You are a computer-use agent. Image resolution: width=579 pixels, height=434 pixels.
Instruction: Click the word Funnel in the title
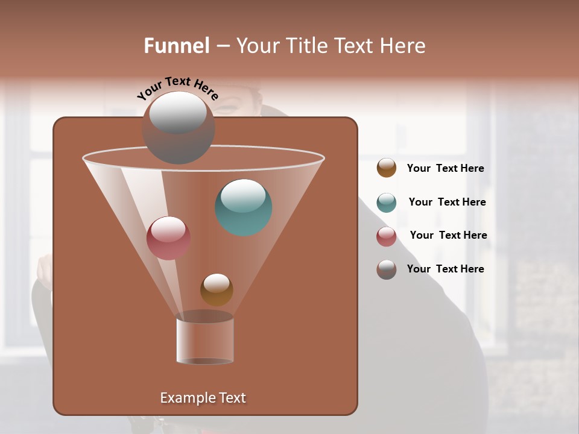click(x=177, y=46)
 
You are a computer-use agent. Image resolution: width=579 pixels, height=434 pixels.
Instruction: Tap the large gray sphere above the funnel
click(x=178, y=127)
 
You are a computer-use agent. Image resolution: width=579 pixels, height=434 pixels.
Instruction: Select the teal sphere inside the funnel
click(x=244, y=207)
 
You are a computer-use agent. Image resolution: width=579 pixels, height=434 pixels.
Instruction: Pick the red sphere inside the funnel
click(x=168, y=238)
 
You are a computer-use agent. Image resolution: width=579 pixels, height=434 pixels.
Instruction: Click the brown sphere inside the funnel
click(x=217, y=289)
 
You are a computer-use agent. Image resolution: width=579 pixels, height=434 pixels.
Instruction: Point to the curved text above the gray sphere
click(x=178, y=89)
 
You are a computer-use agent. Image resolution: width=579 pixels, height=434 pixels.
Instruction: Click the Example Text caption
click(x=203, y=398)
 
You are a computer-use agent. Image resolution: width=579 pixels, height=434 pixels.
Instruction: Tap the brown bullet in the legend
click(x=387, y=168)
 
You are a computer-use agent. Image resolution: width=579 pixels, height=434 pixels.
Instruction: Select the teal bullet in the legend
click(x=387, y=203)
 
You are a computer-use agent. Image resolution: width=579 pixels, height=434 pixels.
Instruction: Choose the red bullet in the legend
click(x=387, y=236)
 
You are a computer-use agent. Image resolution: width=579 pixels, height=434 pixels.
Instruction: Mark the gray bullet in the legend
click(x=387, y=269)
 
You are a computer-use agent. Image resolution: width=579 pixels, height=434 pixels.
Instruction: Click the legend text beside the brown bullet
click(x=445, y=169)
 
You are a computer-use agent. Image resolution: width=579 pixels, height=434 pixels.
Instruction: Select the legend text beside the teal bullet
click(x=447, y=203)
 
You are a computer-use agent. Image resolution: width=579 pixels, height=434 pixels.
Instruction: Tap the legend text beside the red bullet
click(x=448, y=236)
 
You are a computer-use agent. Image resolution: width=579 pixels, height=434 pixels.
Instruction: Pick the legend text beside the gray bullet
click(x=445, y=269)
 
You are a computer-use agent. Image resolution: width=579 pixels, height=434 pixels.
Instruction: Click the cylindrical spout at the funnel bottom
click(x=204, y=339)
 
